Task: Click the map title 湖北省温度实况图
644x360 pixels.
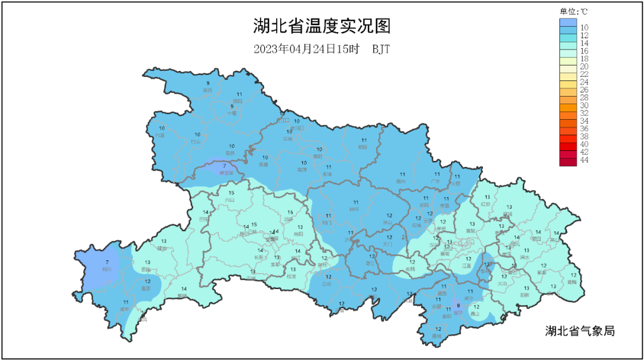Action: pos(321,27)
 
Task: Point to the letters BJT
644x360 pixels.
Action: pos(381,49)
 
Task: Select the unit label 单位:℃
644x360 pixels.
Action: pos(573,11)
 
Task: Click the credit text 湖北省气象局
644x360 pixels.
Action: pos(580,331)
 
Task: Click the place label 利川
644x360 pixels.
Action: pos(107,269)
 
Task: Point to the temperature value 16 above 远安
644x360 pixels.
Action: pos(290,212)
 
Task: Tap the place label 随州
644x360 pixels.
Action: pos(401,181)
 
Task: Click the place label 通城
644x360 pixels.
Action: pos(438,336)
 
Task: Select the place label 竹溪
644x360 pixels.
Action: pos(160,136)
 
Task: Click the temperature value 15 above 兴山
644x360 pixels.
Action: pos(231,193)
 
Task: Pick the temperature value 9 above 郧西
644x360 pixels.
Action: pos(208,83)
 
